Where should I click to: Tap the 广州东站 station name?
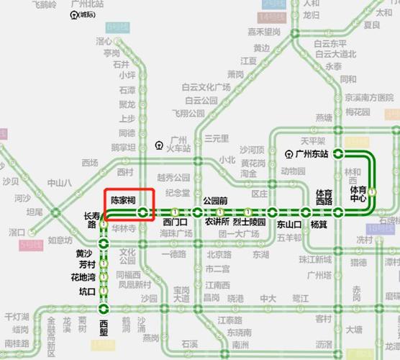pos(312,153)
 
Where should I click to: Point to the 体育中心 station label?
pos(358,194)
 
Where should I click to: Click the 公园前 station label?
pos(215,200)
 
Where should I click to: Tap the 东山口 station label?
pos(269,223)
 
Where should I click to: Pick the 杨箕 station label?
pos(319,224)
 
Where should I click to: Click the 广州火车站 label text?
pos(177,144)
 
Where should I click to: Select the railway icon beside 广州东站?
pos(288,153)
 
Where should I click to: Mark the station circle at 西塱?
pos(104,310)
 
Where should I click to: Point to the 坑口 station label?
pos(87,292)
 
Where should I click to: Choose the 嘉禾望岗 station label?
pos(264,32)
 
